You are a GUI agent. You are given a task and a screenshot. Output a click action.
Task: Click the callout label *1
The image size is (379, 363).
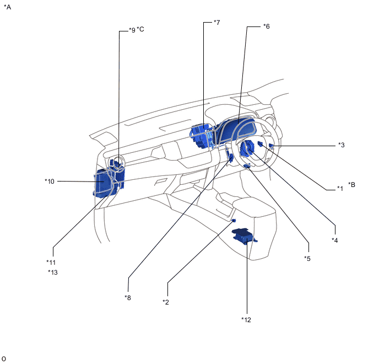340,188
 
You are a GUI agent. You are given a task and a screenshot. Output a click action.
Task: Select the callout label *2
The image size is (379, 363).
166,302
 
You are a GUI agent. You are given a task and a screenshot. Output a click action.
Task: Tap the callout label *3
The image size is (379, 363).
341,145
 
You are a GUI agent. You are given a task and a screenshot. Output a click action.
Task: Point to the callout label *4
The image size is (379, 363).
334,240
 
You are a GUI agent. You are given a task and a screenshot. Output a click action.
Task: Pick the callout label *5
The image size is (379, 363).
307,258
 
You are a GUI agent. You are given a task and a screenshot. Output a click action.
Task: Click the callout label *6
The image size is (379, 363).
266,26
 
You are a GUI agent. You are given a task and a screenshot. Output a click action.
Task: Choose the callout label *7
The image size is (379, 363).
216,23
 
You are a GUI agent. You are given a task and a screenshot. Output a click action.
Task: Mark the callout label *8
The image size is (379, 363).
128,297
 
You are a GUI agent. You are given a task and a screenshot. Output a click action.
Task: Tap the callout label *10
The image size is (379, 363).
50,180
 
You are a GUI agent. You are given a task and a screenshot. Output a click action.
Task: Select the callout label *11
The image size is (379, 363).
51,262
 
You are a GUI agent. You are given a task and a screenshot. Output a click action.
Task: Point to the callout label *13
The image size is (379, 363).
53,272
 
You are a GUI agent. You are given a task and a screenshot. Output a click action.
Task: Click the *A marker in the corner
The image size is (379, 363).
7,7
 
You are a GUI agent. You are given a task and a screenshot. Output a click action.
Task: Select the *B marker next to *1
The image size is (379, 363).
351,185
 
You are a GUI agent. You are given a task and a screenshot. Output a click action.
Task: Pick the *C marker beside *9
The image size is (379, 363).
140,29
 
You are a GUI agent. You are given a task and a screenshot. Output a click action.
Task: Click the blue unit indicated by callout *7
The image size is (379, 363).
202,136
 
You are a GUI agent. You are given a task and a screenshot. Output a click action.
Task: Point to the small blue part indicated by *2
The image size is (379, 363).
234,221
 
